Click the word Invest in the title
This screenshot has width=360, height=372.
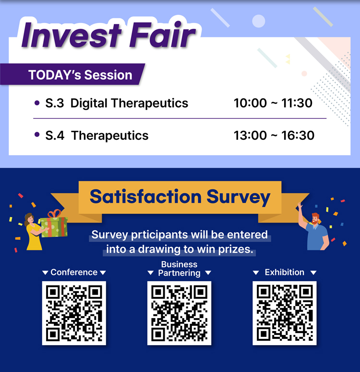(x=72, y=35)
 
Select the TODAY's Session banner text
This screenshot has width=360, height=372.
(x=80, y=75)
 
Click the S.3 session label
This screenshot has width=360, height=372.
(x=55, y=103)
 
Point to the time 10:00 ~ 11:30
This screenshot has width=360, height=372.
(x=273, y=103)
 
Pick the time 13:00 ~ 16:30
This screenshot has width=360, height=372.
(x=274, y=136)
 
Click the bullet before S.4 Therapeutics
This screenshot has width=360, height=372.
(x=37, y=135)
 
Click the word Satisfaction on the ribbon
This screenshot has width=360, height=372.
(x=145, y=197)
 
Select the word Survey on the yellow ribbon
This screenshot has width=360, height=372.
(x=239, y=198)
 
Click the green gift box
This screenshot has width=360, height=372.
(x=54, y=225)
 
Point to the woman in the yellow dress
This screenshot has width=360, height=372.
(x=33, y=232)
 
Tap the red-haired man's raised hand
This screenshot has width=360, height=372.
(x=300, y=205)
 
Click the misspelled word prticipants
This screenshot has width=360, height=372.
(x=159, y=235)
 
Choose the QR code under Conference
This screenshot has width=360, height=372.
(x=74, y=313)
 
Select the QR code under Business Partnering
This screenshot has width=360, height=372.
(x=179, y=313)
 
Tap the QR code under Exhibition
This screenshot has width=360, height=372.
(x=284, y=313)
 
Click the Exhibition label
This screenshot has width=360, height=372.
(x=284, y=273)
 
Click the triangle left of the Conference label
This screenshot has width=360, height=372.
(x=45, y=273)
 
